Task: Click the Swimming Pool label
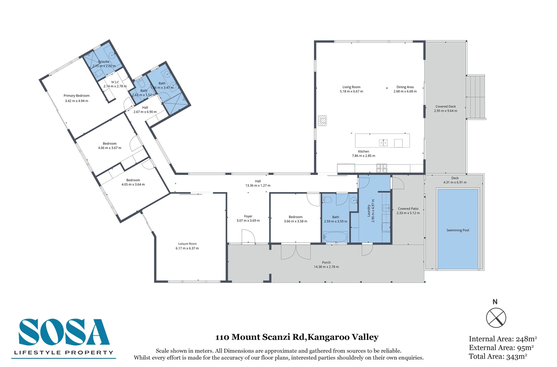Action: tap(457, 230)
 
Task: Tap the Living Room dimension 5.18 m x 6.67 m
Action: tap(351, 91)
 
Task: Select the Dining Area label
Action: tap(405, 87)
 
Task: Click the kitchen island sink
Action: tap(383, 142)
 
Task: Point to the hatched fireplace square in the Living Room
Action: tap(322, 121)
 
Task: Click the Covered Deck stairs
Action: tap(475, 97)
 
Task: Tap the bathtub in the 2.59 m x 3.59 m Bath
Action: tap(335, 237)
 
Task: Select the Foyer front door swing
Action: tap(248, 236)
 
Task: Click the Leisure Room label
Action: tap(187, 244)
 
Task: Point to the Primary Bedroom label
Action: tap(76, 96)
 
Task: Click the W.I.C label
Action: tap(115, 82)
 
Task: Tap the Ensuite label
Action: tap(104, 62)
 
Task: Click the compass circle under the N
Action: tap(496, 318)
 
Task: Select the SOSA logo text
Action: tap(64, 333)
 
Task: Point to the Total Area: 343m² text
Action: tap(498, 356)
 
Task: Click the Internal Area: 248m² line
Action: tap(502, 339)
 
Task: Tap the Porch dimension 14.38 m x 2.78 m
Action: tap(326, 267)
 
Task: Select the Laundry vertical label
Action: tap(369, 211)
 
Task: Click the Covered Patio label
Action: tap(408, 209)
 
